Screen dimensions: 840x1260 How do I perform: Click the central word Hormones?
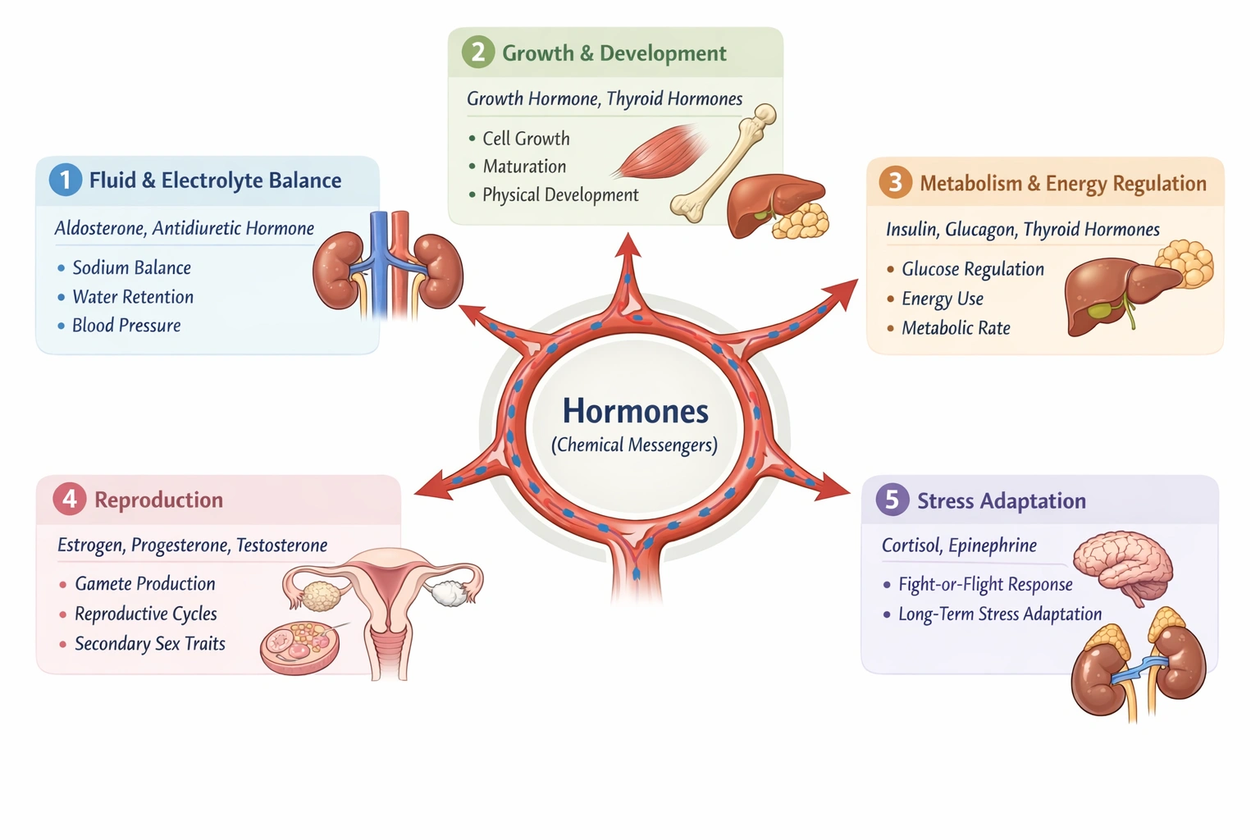pyautogui.click(x=635, y=411)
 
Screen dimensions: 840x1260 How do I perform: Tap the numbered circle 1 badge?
pyautogui.click(x=66, y=180)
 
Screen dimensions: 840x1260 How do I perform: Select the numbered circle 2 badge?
pyautogui.click(x=478, y=52)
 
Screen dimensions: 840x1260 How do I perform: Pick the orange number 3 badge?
pyautogui.click(x=895, y=181)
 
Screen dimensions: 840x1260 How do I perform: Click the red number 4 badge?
pyautogui.click(x=70, y=499)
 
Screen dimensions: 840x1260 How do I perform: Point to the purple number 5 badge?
pyautogui.click(x=892, y=500)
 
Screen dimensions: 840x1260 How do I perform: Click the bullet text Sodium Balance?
pyautogui.click(x=131, y=267)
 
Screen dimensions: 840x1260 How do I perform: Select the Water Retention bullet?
pyautogui.click(x=133, y=297)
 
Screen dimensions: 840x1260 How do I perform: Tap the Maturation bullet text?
pyautogui.click(x=524, y=167)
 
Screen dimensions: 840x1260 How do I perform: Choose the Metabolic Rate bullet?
pyautogui.click(x=956, y=328)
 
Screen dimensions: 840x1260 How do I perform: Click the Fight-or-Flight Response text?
pyautogui.click(x=985, y=584)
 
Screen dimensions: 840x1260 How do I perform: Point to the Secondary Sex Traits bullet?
pyautogui.click(x=149, y=644)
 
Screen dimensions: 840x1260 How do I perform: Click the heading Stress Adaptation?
pyautogui.click(x=1001, y=500)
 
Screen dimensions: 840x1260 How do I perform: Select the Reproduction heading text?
pyautogui.click(x=158, y=500)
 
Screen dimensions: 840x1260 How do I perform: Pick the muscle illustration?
pyautogui.click(x=661, y=152)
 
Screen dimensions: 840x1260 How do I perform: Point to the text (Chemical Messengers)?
pyautogui.click(x=634, y=445)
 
